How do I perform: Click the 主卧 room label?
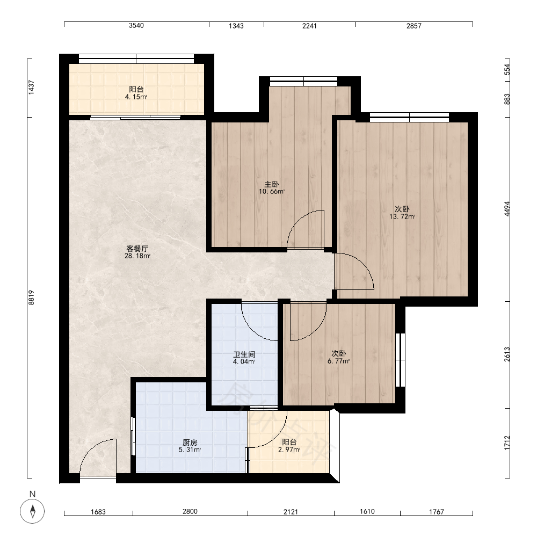point(272,184)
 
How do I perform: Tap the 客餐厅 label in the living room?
point(137,249)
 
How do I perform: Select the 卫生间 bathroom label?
point(244,354)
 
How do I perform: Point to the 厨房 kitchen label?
point(190,442)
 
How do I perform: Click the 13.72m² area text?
point(402,216)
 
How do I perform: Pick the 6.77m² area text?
point(338,361)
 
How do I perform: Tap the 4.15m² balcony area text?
point(136,97)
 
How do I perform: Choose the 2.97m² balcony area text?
point(289,449)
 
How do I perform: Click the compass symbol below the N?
point(33,511)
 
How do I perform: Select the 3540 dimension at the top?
point(136,26)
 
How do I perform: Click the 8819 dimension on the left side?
point(31,297)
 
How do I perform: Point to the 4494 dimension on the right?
point(507,208)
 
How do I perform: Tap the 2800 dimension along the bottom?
point(190,511)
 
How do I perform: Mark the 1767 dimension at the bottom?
point(437,512)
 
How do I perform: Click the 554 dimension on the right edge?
point(507,69)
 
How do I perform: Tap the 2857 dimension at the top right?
point(413,26)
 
